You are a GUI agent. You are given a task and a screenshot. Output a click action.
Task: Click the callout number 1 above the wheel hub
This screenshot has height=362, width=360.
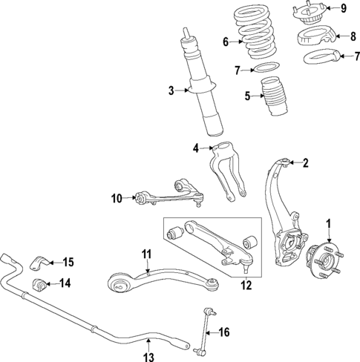point(328,222)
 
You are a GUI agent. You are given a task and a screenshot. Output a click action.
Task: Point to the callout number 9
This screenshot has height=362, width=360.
point(344,8)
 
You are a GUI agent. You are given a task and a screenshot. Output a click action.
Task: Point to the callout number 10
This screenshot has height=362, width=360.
point(117,197)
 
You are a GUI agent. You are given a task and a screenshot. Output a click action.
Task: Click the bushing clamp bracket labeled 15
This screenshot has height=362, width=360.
point(39,263)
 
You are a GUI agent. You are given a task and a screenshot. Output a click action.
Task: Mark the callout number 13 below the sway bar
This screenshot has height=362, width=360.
point(148,357)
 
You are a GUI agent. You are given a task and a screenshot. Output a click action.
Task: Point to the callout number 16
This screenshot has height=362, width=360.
point(223,332)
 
